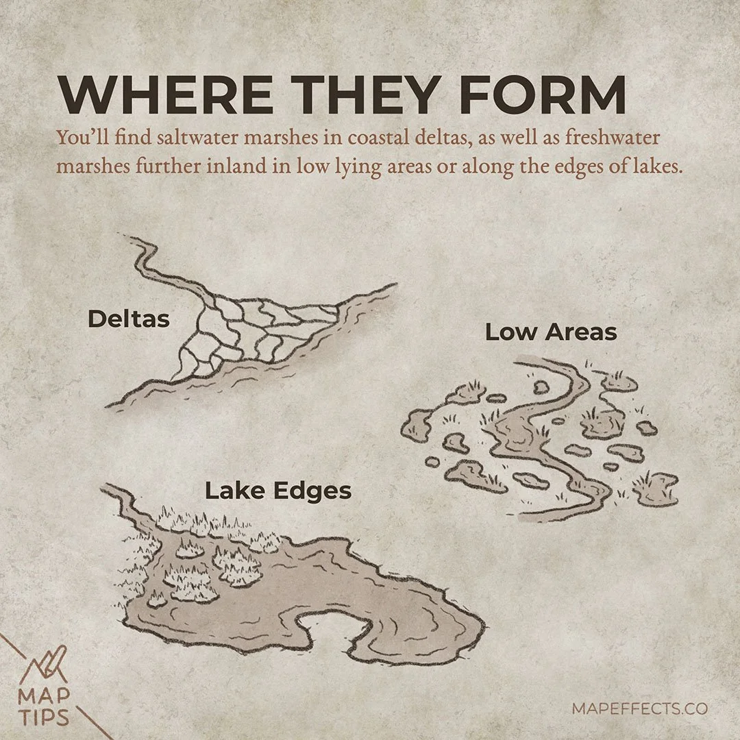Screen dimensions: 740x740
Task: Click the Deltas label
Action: (128, 319)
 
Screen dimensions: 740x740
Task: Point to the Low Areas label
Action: (551, 333)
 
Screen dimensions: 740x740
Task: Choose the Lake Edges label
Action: (278, 491)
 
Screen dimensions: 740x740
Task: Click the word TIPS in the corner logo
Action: (42, 719)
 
